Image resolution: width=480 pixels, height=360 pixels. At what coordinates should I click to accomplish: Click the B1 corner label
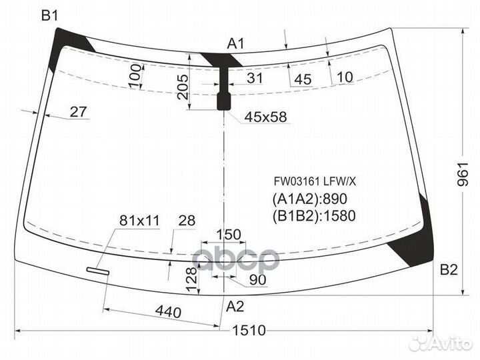point(49,15)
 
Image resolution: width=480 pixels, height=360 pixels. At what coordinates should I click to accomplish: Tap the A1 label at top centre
point(236,44)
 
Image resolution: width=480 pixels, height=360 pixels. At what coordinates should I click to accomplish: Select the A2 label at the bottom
point(235,307)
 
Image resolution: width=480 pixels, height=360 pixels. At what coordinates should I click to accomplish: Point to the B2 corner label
point(449,270)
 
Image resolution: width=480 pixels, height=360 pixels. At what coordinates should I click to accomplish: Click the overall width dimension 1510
point(249,330)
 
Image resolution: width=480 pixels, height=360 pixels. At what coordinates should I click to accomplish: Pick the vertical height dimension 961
point(463,174)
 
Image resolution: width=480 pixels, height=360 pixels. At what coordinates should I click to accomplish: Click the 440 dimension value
point(168,312)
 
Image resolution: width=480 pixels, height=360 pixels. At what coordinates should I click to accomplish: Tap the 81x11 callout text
point(139,221)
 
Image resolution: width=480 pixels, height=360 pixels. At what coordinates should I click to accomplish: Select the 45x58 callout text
point(266,117)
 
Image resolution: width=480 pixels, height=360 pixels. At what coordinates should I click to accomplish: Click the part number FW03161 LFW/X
point(315,182)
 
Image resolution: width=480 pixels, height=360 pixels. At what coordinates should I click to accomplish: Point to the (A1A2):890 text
point(310,199)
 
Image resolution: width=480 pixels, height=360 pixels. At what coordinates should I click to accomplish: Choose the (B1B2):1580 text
point(314,216)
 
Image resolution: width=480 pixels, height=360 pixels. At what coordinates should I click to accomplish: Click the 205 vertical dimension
point(183,87)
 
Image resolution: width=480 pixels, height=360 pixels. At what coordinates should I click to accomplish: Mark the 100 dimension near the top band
point(135,76)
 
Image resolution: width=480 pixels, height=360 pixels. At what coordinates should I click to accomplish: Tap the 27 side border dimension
point(79,112)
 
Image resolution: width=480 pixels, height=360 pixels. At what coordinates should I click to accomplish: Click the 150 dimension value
point(229,235)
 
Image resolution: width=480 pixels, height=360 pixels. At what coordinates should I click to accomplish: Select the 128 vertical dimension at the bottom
point(191,279)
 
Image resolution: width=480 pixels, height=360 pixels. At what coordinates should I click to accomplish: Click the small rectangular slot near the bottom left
point(98,271)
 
